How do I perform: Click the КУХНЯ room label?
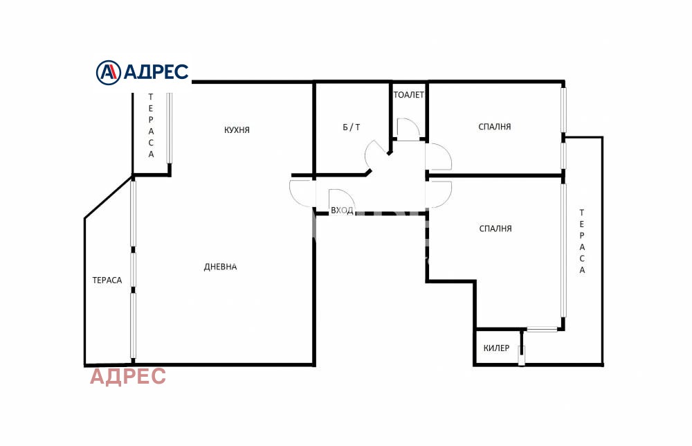click(x=237, y=130)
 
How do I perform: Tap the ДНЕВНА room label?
click(x=220, y=267)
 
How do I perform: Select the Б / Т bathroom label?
click(x=352, y=127)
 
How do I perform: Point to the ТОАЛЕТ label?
click(x=409, y=94)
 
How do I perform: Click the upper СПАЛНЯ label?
click(x=494, y=127)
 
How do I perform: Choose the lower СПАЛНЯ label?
click(x=495, y=229)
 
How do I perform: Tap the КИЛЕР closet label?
click(x=496, y=348)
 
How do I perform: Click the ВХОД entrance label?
click(x=342, y=211)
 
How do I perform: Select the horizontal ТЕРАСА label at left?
click(x=107, y=280)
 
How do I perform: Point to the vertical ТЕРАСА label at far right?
click(x=582, y=242)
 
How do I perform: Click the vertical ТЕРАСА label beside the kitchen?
click(x=151, y=125)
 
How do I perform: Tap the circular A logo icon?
click(x=108, y=72)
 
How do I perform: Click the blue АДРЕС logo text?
click(x=156, y=71)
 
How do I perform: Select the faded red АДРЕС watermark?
click(x=128, y=377)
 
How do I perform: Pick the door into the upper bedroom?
click(x=439, y=157)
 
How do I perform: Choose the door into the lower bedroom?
click(x=439, y=195)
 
